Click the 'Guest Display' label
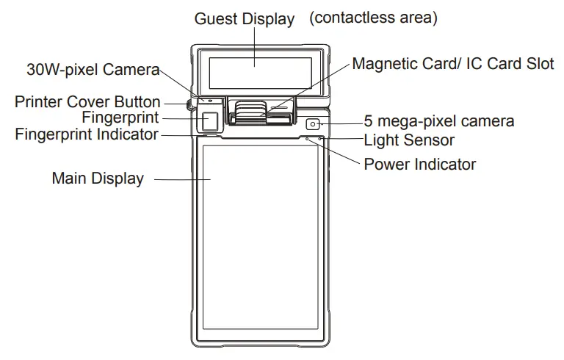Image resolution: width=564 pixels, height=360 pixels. [x=244, y=19]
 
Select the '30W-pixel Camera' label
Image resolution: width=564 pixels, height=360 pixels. [x=93, y=70]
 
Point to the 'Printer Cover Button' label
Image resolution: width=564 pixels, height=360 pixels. [x=87, y=102]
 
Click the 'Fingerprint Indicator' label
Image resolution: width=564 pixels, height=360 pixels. [x=87, y=134]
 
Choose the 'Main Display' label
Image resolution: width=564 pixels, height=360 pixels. [x=97, y=179]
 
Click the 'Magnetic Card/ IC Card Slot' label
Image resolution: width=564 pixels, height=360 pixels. [x=453, y=64]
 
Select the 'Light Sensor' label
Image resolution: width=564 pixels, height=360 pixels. [x=409, y=140]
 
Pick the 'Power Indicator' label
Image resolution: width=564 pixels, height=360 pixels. [x=419, y=164]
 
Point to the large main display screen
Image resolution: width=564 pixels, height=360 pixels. [x=260, y=235]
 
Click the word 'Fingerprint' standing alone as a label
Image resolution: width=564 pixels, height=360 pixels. [x=120, y=118]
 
